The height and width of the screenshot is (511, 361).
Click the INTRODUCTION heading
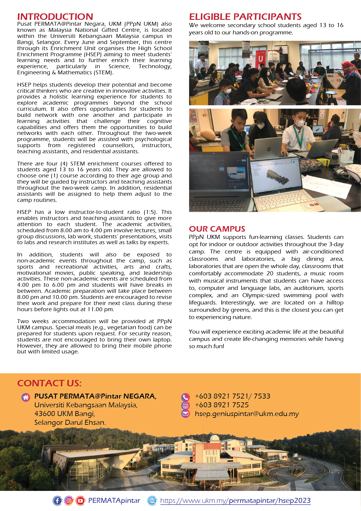[55, 17]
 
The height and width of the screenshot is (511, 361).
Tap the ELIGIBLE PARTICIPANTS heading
[245, 17]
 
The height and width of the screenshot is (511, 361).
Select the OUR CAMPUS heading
[217, 229]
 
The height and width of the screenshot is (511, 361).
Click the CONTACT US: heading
[49, 383]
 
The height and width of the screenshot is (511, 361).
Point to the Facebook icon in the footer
[57, 501]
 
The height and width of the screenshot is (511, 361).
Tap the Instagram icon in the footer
[69, 501]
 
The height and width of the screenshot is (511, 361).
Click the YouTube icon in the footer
[80, 501]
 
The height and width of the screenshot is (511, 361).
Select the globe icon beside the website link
[152, 501]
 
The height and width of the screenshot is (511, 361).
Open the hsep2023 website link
[235, 501]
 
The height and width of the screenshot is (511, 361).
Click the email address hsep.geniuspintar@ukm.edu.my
[247, 414]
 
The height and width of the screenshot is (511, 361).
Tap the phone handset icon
[185, 397]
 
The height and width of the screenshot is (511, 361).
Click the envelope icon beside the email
[185, 414]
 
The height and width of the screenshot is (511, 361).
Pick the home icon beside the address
[26, 397]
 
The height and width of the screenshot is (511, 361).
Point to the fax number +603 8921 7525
[222, 405]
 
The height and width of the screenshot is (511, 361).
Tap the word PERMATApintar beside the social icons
[114, 501]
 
